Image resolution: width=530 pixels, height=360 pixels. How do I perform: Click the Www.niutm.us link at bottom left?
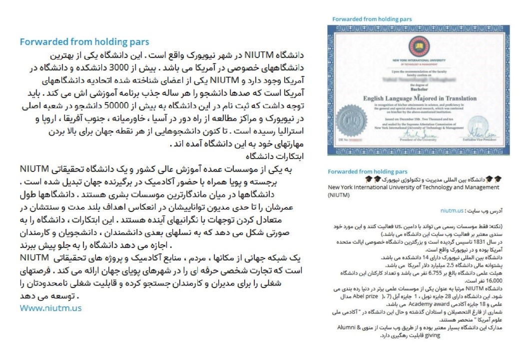click(x=50, y=308)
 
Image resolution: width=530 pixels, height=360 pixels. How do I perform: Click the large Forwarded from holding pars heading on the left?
click(x=84, y=42)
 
